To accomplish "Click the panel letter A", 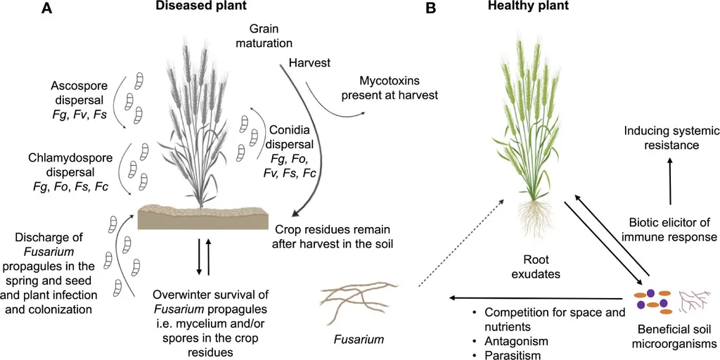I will [x=46, y=9].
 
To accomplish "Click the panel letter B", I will [x=431, y=9].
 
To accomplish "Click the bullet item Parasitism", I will [x=508, y=355].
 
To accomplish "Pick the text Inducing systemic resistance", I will [x=669, y=137].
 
